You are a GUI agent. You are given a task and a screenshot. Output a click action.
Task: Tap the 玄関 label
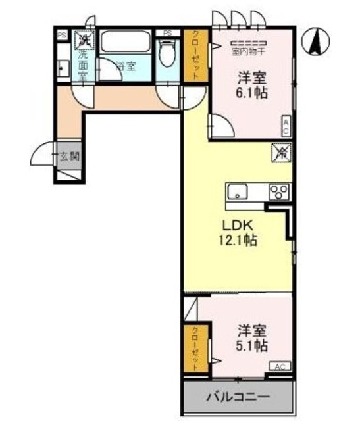70,157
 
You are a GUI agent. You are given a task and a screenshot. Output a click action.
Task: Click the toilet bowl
168,55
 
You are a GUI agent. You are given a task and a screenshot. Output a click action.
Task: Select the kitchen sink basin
237,193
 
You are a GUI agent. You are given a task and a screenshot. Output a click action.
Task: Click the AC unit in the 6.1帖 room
286,126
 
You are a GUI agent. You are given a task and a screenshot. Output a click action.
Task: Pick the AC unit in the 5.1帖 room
278,367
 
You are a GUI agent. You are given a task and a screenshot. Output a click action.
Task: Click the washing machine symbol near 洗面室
85,40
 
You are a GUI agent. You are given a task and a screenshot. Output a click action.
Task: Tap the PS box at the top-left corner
61,36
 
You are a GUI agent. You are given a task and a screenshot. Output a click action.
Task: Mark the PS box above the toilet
167,33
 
